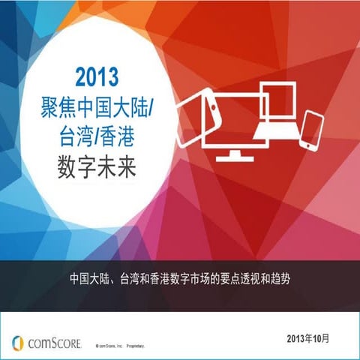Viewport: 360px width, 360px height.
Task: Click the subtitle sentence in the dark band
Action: pos(179,278)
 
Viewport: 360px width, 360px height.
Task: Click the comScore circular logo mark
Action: pos(18,342)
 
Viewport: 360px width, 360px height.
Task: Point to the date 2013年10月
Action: pos(312,339)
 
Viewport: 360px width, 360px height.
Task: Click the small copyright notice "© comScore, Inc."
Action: pos(108,347)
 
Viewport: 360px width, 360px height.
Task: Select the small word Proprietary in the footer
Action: pos(135,347)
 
